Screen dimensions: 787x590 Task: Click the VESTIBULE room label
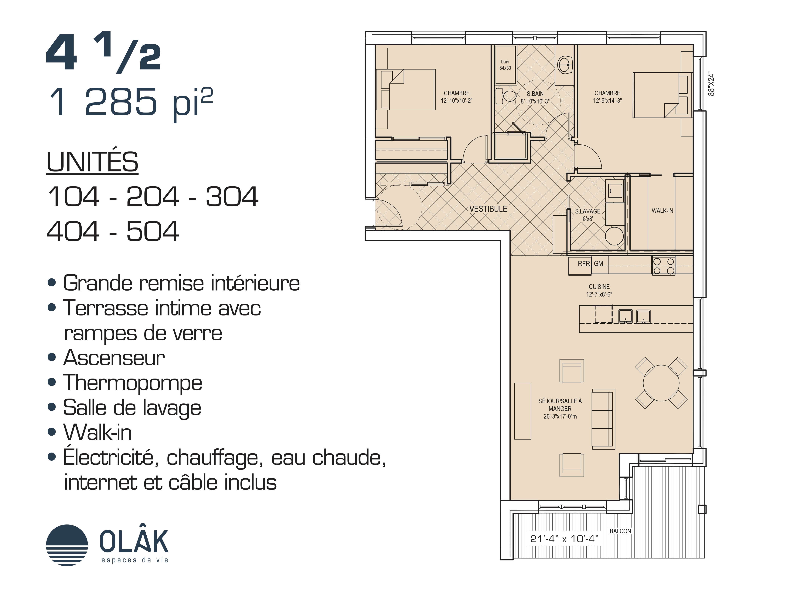(488, 209)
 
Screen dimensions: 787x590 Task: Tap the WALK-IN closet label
(662, 211)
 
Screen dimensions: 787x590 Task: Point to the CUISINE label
(599, 287)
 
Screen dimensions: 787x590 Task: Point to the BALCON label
(620, 531)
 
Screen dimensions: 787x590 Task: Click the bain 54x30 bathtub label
(505, 65)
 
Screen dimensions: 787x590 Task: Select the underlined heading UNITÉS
(92, 162)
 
